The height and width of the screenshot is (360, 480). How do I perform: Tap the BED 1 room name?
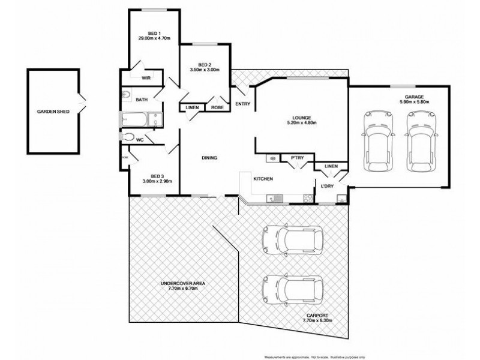point(155,32)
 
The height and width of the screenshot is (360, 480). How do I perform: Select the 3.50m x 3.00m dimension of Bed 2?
point(205,70)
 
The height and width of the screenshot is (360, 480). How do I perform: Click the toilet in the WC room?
point(128,137)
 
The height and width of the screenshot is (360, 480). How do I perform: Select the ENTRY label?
point(243,104)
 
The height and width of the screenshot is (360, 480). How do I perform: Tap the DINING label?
point(209,158)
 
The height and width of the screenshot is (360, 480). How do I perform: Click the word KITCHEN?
point(263,179)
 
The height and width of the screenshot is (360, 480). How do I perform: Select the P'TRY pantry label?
point(296,158)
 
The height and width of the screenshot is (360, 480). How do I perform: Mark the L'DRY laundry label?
point(327,187)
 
